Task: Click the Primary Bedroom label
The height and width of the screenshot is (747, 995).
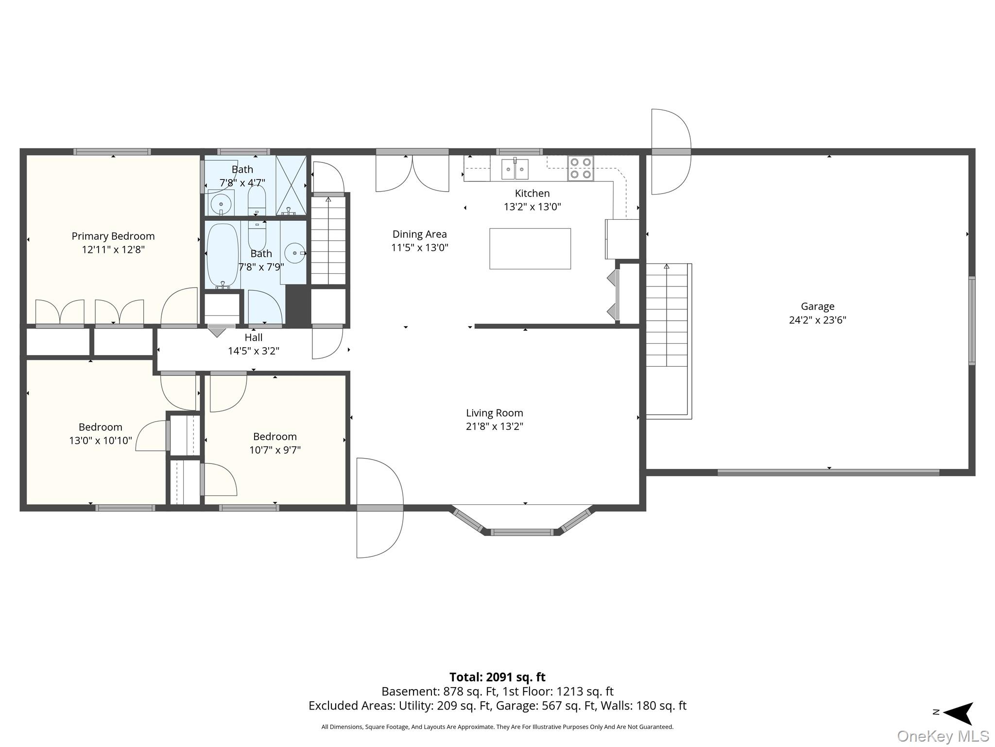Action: click(113, 236)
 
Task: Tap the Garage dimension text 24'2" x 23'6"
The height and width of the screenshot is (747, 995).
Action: click(818, 320)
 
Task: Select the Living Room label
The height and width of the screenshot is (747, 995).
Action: click(495, 413)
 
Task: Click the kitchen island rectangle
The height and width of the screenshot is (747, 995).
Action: click(530, 249)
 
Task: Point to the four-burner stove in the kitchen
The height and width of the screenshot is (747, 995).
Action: click(581, 168)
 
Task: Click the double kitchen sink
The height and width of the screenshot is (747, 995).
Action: click(515, 169)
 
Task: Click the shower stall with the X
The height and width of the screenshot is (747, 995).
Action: click(291, 185)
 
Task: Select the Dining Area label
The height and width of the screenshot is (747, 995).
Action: click(420, 234)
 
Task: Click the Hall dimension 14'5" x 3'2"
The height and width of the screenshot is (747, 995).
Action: click(254, 351)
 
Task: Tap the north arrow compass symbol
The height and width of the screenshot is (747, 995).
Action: click(958, 713)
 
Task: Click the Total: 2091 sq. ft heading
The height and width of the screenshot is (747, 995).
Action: click(497, 677)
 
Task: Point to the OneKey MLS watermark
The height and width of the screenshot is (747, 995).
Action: click(943, 736)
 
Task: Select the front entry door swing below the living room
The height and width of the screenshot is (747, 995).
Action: click(380, 508)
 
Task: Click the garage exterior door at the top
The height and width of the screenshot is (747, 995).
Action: click(671, 152)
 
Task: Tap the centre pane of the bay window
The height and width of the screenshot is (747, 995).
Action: click(522, 532)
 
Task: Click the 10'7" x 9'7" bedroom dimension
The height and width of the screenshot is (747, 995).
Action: click(275, 450)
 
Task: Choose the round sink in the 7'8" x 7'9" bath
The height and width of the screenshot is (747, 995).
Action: click(294, 253)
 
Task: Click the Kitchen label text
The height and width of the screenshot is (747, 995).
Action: click(532, 193)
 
